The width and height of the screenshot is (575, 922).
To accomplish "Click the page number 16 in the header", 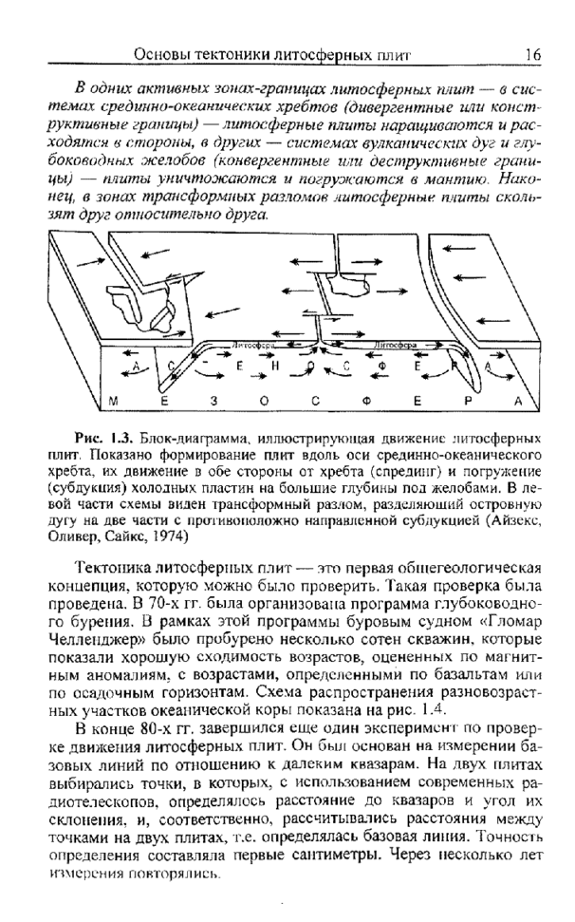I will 532,55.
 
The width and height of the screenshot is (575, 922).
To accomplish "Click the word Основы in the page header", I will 167,55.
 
